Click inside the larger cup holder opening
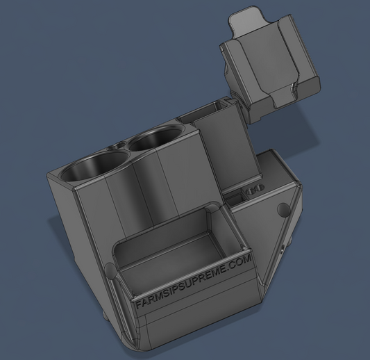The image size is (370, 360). [x=94, y=167]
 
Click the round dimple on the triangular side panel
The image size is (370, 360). [x=283, y=208]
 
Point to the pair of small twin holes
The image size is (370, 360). [x=255, y=189]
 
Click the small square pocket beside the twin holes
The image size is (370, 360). [x=234, y=197]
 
